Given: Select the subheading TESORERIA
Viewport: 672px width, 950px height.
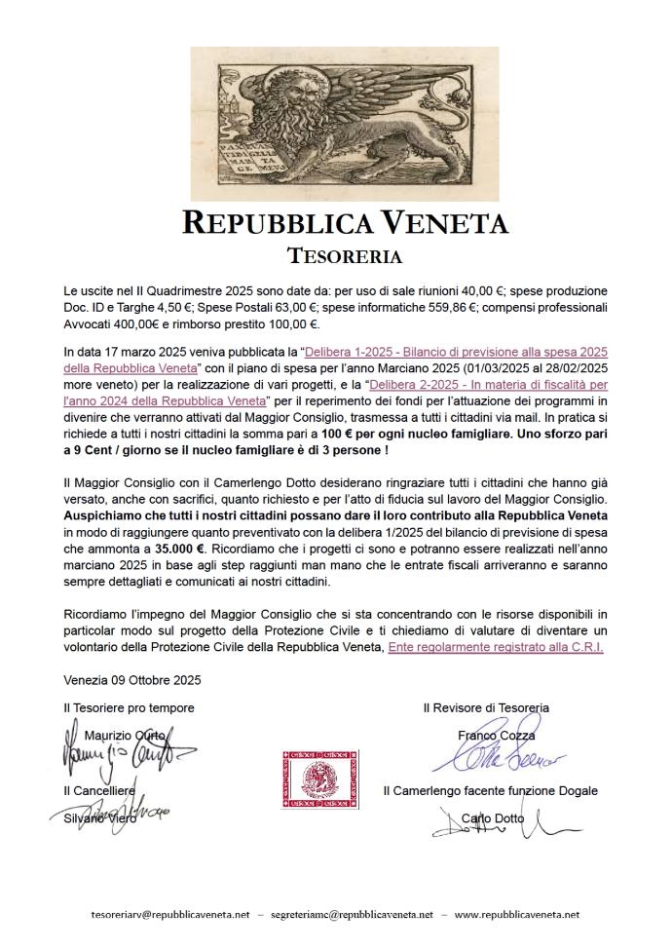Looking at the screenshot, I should point(345,256).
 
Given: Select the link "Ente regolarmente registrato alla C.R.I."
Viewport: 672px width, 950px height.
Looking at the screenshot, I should point(495,646).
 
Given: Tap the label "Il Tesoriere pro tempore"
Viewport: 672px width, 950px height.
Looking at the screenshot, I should point(129,707).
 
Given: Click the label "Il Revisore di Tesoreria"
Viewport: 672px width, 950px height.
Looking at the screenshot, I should point(486,707).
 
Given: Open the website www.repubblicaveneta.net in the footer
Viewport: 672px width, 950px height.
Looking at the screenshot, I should point(517,915).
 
